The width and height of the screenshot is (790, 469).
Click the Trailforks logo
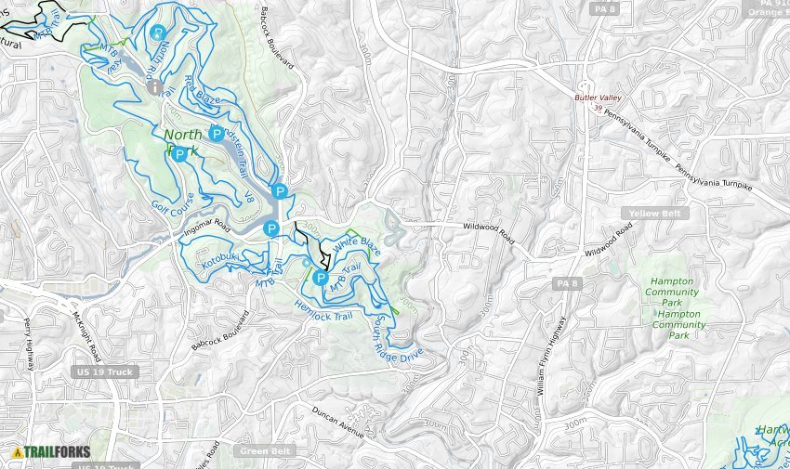click(51, 452)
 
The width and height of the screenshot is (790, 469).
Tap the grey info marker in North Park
click(154, 86)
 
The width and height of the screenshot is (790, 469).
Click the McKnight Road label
click(86, 335)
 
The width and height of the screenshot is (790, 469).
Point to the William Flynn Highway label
click(550, 357)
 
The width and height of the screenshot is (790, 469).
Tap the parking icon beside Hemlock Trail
click(321, 278)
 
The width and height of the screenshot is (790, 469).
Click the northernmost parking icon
click(158, 33)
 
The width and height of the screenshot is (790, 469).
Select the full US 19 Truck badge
click(104, 371)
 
